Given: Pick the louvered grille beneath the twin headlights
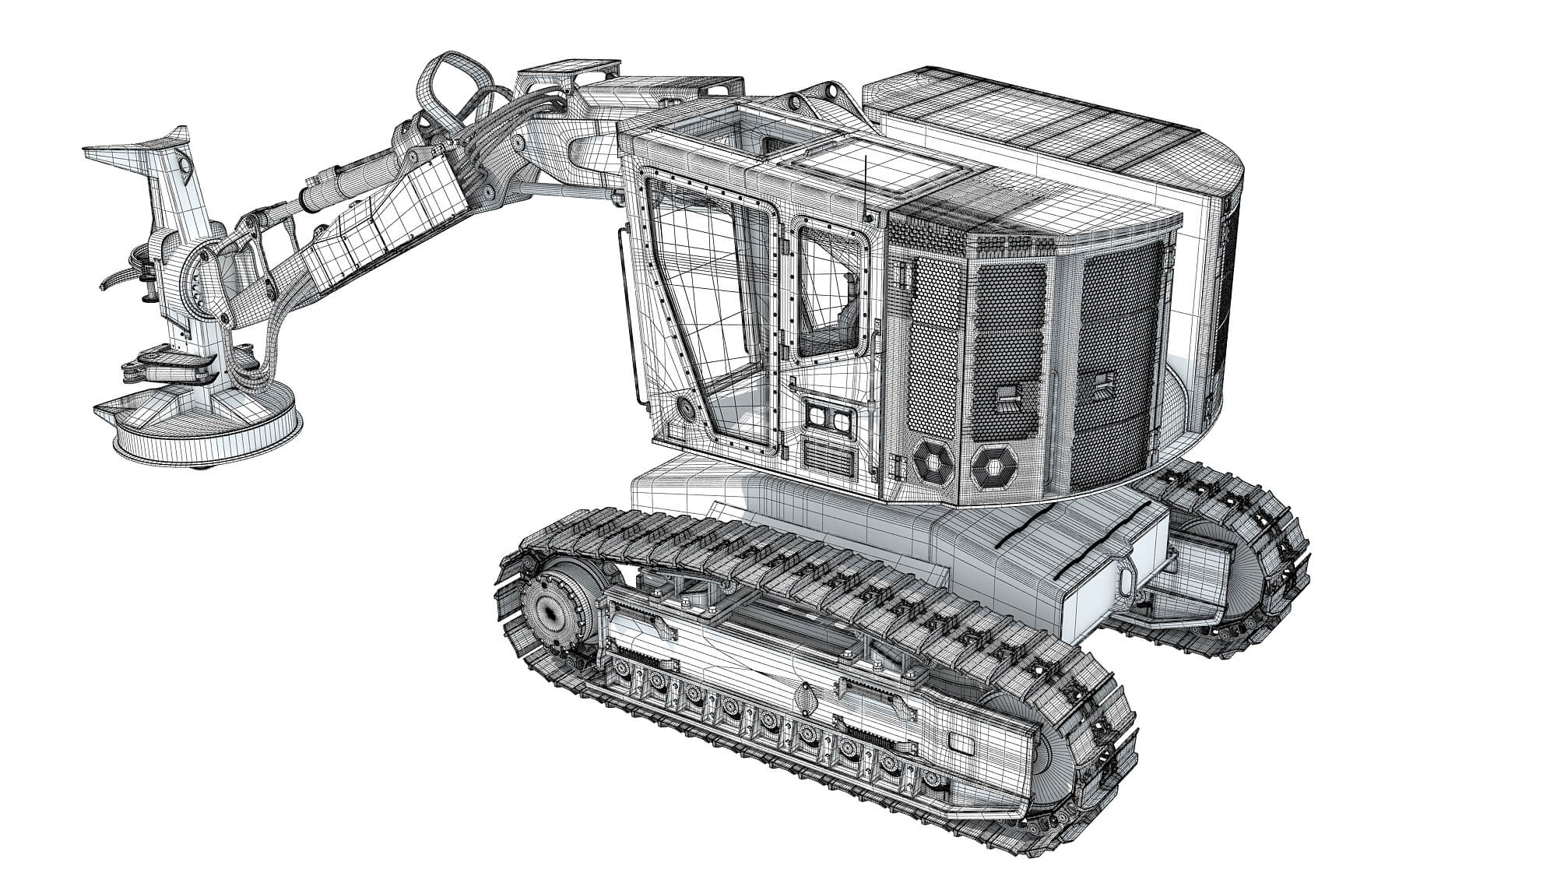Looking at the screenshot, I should (828, 455).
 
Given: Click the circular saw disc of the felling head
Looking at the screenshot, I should (206, 432).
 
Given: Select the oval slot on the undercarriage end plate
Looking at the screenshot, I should (1127, 580).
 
